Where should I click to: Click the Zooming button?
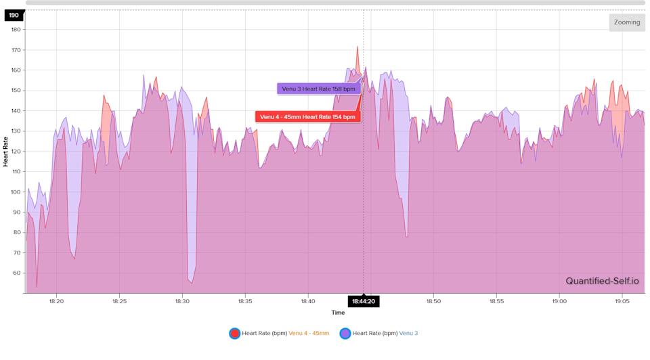626,22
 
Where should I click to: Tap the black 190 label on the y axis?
14,14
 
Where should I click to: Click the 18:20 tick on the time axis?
56,301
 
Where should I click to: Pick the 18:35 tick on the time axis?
245,301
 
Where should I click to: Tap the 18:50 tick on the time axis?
434,301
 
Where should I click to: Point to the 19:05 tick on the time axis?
622,301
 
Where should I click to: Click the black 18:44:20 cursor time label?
364,302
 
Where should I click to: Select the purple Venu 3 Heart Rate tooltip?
318,89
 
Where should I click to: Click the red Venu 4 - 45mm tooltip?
307,116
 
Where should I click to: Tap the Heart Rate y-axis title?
6,152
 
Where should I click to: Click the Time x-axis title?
338,313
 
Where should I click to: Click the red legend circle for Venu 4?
234,333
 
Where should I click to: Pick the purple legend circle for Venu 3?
345,333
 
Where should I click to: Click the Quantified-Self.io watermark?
602,282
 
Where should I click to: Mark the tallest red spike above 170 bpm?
357,47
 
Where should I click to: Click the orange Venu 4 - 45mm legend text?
309,333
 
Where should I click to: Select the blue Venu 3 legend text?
408,333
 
